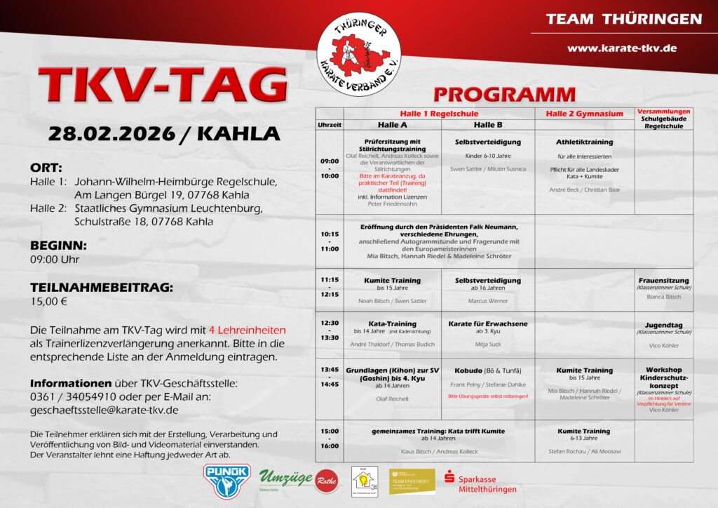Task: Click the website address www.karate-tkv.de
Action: tap(621, 48)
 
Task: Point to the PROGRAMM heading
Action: tap(504, 95)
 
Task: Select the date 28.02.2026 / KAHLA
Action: tap(163, 133)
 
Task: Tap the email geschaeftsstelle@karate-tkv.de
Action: tap(104, 410)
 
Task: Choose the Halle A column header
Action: tap(392, 125)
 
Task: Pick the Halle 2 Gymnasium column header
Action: tap(584, 114)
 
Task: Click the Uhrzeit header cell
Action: tap(329, 125)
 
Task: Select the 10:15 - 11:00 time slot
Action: tap(330, 241)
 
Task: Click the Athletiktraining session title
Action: tap(584, 142)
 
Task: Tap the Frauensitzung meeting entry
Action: tap(663, 281)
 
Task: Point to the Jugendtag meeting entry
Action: tap(663, 325)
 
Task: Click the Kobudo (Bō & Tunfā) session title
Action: tap(487, 370)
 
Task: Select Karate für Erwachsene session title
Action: tap(487, 323)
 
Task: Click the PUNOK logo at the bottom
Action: tap(226, 481)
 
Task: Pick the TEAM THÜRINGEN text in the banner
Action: tap(623, 19)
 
